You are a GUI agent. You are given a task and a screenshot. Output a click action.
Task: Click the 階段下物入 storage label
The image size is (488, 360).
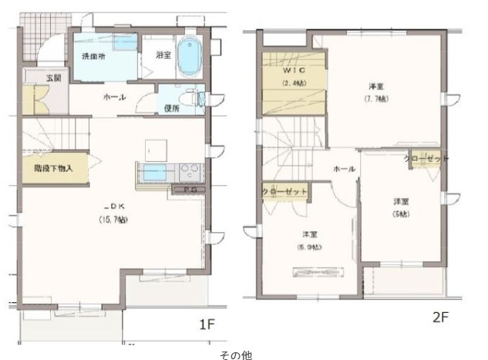(x=53, y=167)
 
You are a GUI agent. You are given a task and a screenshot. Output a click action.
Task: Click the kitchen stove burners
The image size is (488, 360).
(x=190, y=171)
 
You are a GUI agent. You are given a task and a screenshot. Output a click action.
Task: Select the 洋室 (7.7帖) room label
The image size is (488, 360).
(x=377, y=93)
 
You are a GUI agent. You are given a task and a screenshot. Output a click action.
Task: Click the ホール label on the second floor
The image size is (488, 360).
(x=344, y=168)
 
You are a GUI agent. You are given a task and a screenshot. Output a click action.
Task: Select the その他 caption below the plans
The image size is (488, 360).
(x=235, y=354)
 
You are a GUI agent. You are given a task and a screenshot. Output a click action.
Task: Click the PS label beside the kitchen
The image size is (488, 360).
(x=188, y=190)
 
